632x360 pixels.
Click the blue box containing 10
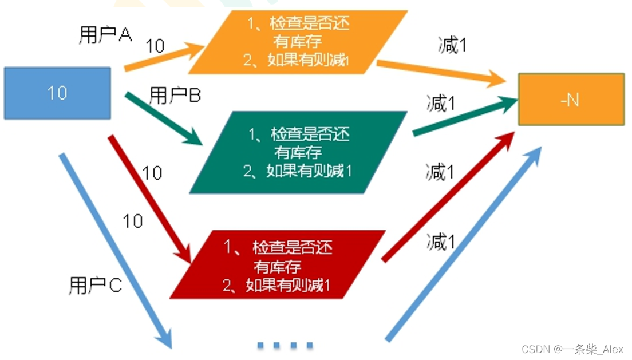click(x=57, y=93)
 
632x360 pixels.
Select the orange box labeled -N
click(x=571, y=99)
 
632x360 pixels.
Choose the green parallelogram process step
click(x=298, y=152)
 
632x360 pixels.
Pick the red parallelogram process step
click(x=278, y=265)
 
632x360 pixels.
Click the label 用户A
click(x=105, y=35)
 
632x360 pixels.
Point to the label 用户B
click(x=175, y=96)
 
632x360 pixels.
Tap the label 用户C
click(x=95, y=285)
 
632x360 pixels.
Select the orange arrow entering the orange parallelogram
click(x=163, y=59)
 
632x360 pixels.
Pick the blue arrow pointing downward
click(x=114, y=249)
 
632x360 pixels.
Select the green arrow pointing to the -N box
click(x=464, y=117)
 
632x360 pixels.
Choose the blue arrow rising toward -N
click(x=464, y=243)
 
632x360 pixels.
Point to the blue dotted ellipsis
click(x=285, y=345)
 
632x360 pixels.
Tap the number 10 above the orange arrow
click(x=155, y=45)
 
